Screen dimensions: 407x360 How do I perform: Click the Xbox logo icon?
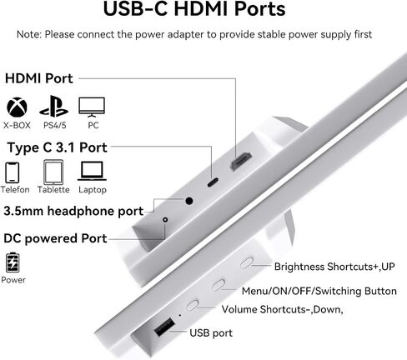click(x=17, y=107)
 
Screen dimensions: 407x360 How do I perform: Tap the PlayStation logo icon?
click(x=53, y=106)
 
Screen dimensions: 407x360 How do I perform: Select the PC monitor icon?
click(x=92, y=107)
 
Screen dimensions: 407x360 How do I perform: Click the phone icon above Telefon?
click(x=13, y=172)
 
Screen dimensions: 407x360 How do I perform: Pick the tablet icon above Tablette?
click(x=53, y=172)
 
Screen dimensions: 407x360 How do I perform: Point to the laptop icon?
click(x=92, y=171)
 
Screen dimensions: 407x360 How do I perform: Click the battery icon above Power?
click(x=13, y=262)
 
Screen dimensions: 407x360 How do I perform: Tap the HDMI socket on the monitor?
click(x=241, y=162)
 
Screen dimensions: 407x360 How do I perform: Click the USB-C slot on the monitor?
click(x=213, y=182)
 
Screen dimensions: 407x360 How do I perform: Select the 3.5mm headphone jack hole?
click(x=189, y=201)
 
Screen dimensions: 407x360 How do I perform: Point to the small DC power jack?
click(x=165, y=220)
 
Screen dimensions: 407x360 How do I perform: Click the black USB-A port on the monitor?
click(x=164, y=327)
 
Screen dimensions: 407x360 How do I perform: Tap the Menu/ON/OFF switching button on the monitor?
click(x=219, y=285)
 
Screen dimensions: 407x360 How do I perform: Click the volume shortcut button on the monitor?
click(x=193, y=305)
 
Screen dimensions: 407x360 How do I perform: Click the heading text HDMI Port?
click(x=39, y=78)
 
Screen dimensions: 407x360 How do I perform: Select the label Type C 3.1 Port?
click(x=57, y=147)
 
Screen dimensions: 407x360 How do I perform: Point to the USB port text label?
click(x=211, y=332)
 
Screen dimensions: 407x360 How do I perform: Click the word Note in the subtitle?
click(x=28, y=34)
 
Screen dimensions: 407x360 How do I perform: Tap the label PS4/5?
click(x=55, y=125)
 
